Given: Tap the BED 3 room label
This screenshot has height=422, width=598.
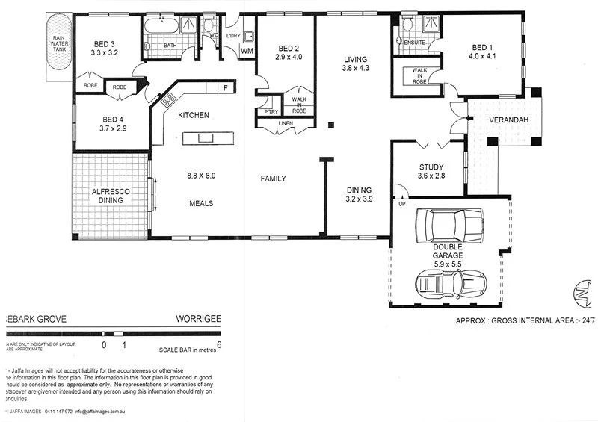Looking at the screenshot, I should tap(105, 49).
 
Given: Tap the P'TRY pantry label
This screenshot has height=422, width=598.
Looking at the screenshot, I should tap(265, 112).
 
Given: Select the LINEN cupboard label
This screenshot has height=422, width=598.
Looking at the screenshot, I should tap(286, 123).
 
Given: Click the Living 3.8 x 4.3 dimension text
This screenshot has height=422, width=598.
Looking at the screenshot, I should tap(357, 68).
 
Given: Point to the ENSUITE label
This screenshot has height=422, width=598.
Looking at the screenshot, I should tap(414, 43).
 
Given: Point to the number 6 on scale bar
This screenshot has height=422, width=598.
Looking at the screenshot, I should tap(219, 345).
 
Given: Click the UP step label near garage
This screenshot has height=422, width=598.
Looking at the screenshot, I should tap(402, 204).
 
